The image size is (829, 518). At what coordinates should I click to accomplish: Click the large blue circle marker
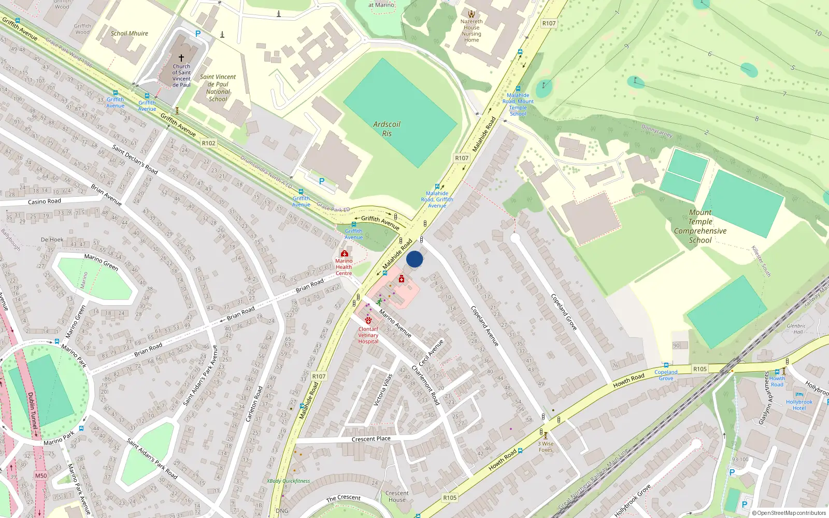pos(414,259)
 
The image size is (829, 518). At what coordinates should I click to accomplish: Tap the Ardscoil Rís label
pos(387,129)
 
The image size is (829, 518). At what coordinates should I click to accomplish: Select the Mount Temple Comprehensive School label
pos(700,226)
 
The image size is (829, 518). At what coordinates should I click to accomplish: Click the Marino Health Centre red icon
pos(344,253)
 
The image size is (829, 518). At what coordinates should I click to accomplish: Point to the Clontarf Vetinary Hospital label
pos(368,335)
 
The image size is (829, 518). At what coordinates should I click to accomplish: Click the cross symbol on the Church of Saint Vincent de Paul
pos(181,58)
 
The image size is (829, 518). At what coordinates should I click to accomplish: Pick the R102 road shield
pos(208,143)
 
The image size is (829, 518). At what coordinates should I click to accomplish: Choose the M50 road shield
pos(41,476)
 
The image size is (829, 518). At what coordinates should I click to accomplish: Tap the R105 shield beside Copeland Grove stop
pos(699,369)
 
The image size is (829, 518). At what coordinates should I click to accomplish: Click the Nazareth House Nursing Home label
pos(471,31)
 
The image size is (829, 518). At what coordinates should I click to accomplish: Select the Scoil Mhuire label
pos(129,33)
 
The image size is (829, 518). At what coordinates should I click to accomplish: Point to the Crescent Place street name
pos(371,439)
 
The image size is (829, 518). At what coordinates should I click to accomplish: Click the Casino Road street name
pos(45,202)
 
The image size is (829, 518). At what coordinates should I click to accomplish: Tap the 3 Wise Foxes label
pos(546,447)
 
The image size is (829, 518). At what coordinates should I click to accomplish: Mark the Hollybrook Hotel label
pos(799,405)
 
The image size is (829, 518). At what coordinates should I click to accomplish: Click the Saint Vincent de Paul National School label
pos(218,88)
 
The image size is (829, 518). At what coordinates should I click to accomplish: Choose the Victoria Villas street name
pos(383,390)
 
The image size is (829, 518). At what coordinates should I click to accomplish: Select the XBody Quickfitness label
pos(289,481)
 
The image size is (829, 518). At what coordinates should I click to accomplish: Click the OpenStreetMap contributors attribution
pos(789,513)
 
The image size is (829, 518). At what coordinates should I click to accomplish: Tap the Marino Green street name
pos(102,262)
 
